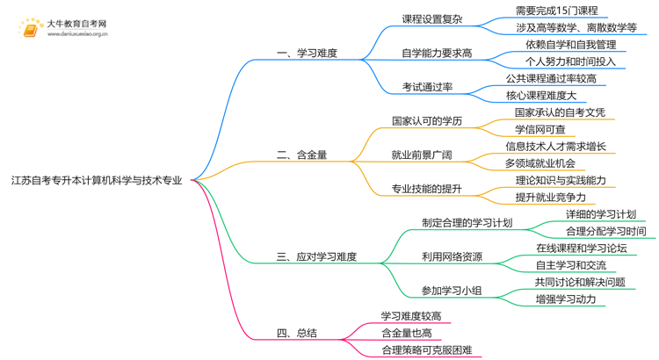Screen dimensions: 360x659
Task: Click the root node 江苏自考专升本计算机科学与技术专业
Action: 97,181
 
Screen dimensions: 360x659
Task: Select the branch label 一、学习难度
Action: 308,53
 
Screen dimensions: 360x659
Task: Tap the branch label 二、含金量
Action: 302,155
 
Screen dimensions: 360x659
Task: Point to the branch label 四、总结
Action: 297,333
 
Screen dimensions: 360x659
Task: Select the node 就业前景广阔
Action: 422,155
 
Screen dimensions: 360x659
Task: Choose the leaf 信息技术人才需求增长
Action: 555,146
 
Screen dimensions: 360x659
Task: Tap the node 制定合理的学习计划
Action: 467,223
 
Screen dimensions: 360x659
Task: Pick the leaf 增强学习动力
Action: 566,299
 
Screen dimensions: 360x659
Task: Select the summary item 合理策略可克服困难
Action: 426,350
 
